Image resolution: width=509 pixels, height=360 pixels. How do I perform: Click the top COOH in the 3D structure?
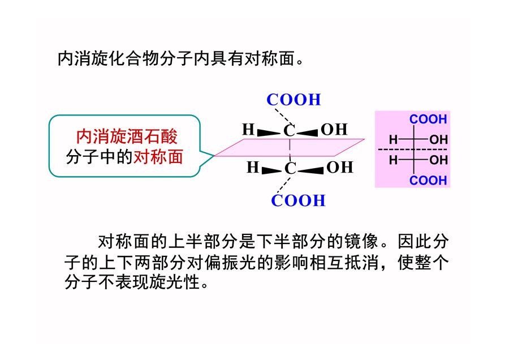pos(294,100)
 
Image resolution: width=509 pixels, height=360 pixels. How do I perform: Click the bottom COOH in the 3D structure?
pos(298,200)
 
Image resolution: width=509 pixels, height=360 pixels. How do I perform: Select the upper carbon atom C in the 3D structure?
pos(289,131)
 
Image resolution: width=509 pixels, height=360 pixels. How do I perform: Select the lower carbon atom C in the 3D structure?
pos(290,169)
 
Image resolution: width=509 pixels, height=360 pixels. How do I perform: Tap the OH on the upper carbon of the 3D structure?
pos(334,130)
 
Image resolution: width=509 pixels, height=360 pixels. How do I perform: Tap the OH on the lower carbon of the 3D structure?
pos(339,168)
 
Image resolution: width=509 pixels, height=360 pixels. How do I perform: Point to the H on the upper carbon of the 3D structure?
pos(248,129)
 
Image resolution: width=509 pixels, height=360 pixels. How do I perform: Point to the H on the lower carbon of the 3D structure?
pos(253,168)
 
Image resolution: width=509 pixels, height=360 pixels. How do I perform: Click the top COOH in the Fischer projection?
pos(428,119)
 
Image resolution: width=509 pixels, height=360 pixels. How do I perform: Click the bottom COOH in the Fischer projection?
pos(428,181)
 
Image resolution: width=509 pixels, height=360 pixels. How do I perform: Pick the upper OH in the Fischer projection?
pos(438,140)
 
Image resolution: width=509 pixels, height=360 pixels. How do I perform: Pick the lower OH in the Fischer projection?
pos(438,160)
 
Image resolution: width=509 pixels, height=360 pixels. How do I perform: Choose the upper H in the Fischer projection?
pos(393,140)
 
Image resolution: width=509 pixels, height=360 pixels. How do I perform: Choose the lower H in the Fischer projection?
pos(393,160)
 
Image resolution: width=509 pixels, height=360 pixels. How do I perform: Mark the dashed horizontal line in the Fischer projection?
pos(413,150)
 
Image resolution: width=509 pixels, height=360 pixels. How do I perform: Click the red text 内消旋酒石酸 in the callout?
pos(127,136)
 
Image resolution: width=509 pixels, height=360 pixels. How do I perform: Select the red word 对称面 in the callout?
pos(158,157)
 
